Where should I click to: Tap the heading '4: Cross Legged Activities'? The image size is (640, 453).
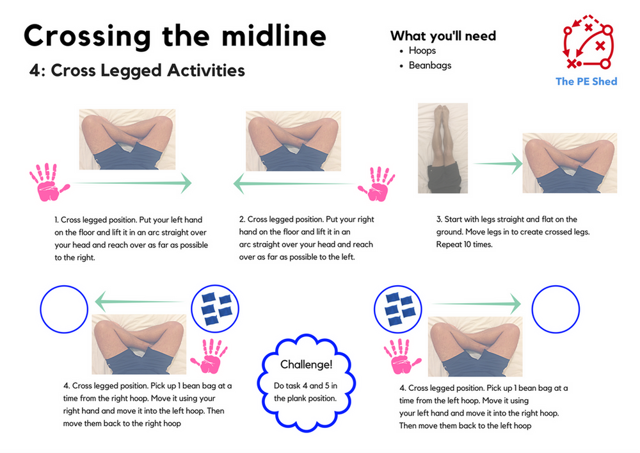pyautogui.click(x=137, y=70)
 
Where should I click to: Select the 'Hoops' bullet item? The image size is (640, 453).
pyautogui.click(x=422, y=51)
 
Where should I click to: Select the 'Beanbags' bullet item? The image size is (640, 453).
pyautogui.click(x=430, y=65)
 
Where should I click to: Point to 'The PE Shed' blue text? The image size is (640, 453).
pyautogui.click(x=586, y=81)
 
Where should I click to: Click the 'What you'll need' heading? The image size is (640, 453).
pyautogui.click(x=443, y=35)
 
